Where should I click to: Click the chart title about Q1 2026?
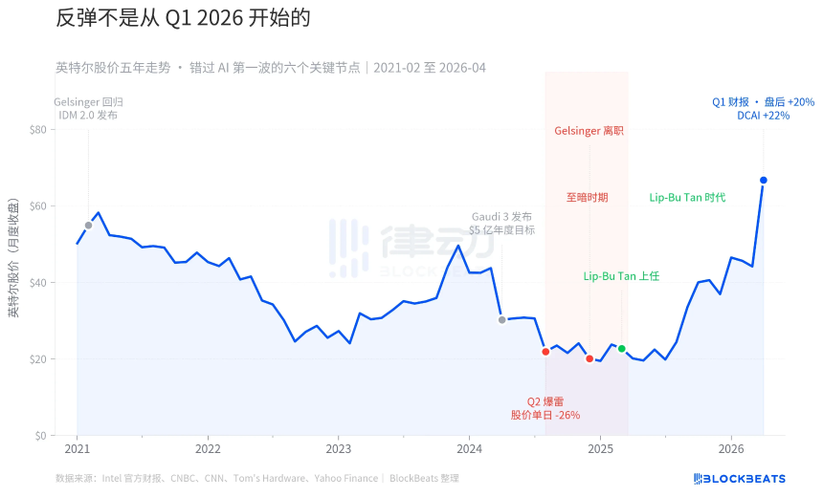(183, 19)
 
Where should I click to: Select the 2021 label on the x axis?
(77, 448)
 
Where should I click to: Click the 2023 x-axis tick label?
(338, 448)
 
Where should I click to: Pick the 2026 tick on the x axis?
(731, 448)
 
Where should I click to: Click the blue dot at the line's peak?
(763, 180)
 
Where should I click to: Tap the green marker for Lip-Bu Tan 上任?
(621, 349)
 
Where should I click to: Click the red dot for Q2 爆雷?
(545, 352)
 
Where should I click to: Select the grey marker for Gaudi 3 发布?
(501, 320)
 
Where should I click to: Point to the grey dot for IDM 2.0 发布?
(88, 226)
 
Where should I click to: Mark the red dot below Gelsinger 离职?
(589, 358)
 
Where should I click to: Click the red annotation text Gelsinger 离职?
(589, 130)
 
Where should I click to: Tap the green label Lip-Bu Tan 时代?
(687, 197)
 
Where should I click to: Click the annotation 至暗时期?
(586, 197)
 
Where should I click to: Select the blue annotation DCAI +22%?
(763, 115)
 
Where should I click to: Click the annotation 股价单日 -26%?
(545, 415)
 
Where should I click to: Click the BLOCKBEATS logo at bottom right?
(739, 478)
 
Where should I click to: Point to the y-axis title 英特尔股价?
(13, 259)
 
